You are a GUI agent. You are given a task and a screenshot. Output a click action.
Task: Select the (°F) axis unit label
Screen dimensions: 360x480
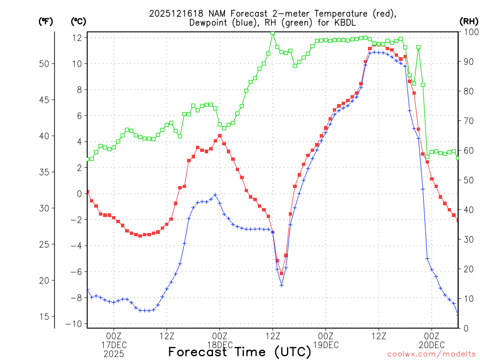tap(45, 22)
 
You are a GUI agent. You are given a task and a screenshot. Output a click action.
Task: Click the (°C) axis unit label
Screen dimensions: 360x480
tap(78, 22)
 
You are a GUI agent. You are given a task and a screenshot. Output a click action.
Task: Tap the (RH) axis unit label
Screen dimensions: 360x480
tap(469, 22)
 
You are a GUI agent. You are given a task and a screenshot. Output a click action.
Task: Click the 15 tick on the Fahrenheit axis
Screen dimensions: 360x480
tap(45, 317)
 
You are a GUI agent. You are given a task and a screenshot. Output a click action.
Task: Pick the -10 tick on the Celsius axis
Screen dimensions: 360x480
tap(75, 324)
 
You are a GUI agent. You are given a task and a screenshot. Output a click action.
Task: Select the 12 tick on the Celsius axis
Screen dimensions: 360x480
tap(78, 37)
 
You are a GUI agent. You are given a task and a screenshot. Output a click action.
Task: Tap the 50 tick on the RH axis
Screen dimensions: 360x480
tap(467, 180)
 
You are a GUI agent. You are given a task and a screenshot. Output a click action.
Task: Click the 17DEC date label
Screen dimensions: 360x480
tap(114, 345)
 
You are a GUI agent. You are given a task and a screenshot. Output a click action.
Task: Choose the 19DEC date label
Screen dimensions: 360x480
tap(326, 345)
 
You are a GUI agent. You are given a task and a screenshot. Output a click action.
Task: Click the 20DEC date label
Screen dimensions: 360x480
tap(432, 345)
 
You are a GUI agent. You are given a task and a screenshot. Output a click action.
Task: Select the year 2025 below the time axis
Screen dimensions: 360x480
tap(114, 354)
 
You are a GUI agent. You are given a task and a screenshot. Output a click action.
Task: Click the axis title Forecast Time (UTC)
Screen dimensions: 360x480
tap(240, 352)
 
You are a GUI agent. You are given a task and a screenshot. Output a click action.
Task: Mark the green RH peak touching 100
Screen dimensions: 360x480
tap(273, 33)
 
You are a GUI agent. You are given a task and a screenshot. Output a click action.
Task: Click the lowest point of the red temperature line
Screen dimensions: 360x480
tap(281, 273)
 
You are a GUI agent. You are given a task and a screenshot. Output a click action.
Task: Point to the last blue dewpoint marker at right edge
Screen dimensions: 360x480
tap(458, 315)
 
